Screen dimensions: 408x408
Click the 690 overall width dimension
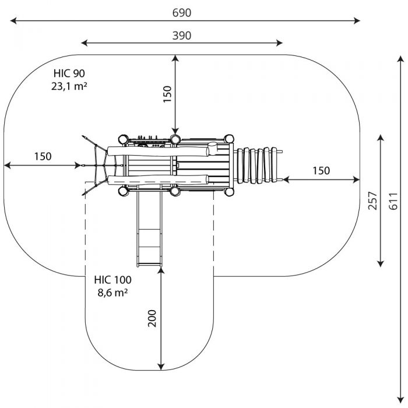(x=182, y=13)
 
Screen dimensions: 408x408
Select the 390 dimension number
(x=182, y=36)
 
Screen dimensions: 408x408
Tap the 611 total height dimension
(x=393, y=201)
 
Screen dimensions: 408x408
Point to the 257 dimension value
(x=372, y=201)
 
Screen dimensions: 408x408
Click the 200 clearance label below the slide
(x=152, y=318)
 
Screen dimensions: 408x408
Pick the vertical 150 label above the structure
(x=167, y=94)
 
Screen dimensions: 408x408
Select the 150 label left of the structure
(x=43, y=156)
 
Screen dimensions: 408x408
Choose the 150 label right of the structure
(x=321, y=171)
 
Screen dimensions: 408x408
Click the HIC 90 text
(x=69, y=73)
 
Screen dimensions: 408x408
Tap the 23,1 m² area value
(x=69, y=86)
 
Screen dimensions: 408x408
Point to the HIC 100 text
(x=112, y=280)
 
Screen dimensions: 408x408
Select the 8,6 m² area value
(x=112, y=293)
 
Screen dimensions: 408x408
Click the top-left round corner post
(x=123, y=139)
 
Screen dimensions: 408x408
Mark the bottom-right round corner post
(x=229, y=192)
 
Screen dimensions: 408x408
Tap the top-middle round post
(x=175, y=139)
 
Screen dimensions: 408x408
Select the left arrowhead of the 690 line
(x=13, y=20)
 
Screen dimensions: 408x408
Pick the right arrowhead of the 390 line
(x=279, y=43)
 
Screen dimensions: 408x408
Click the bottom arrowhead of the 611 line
(x=401, y=400)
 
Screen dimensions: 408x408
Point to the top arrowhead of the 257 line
(x=381, y=138)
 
